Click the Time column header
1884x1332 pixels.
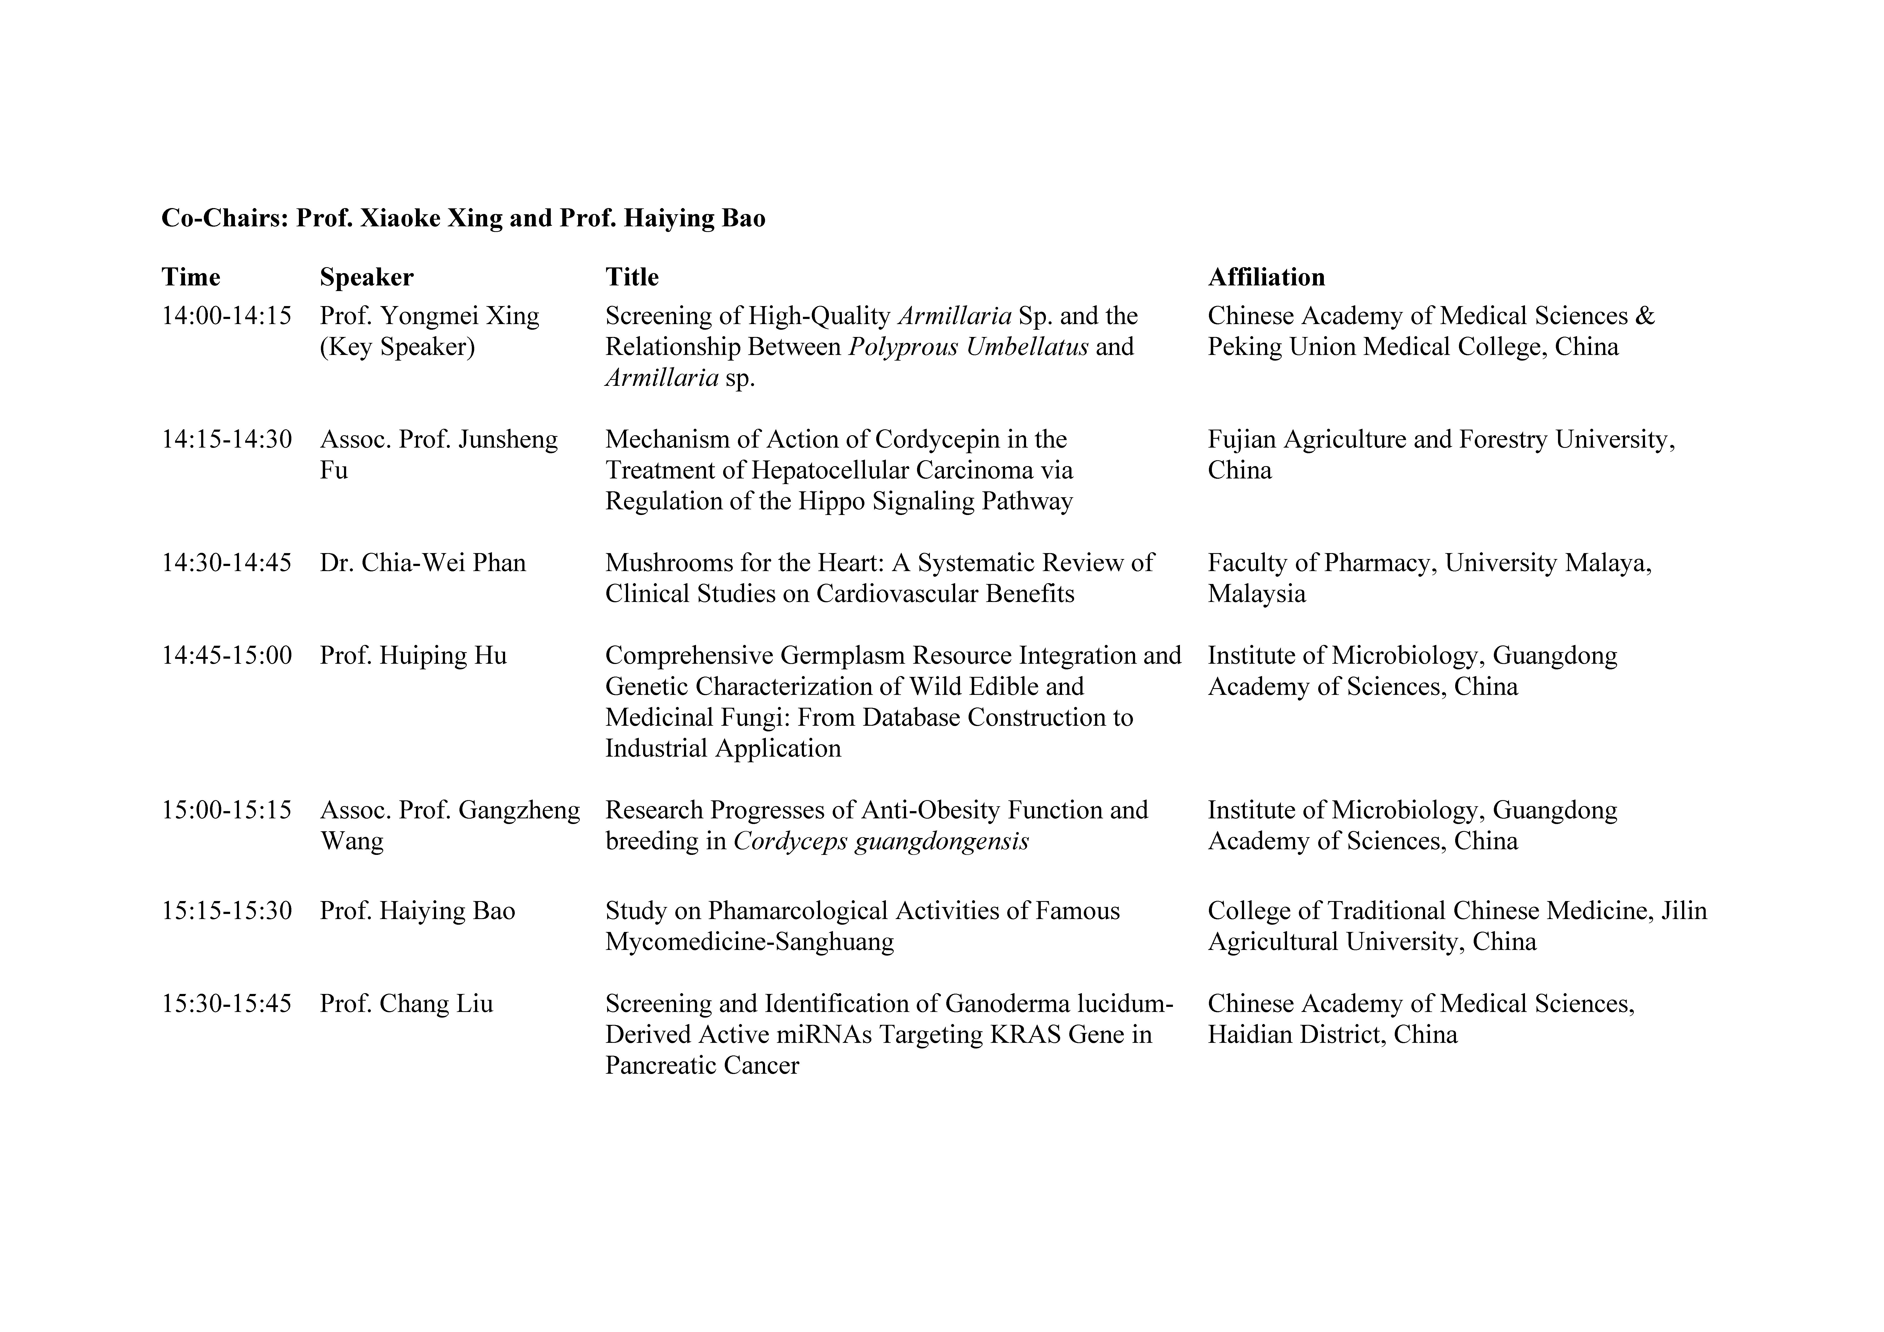point(190,277)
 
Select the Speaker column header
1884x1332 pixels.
point(366,277)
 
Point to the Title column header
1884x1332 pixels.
point(632,277)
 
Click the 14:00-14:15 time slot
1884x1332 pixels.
point(226,316)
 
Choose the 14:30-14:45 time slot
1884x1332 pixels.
point(226,563)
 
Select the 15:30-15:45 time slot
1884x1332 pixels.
point(226,1004)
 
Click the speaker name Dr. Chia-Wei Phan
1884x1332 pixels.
point(423,563)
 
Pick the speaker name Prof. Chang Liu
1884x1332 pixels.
point(406,1004)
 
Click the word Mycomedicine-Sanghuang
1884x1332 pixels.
point(749,941)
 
